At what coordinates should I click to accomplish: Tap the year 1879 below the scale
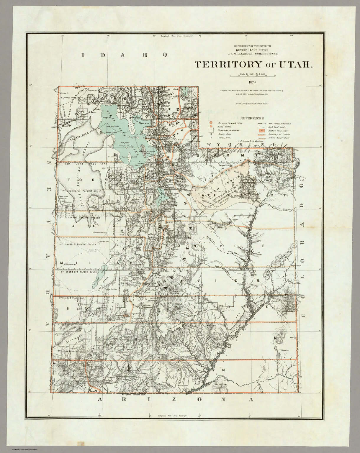click(x=252, y=82)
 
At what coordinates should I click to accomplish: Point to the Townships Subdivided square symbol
click(x=211, y=130)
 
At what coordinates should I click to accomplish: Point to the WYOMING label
click(x=242, y=145)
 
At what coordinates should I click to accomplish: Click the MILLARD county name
click(x=103, y=262)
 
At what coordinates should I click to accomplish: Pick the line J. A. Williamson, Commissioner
click(x=252, y=54)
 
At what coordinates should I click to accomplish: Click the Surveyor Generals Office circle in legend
click(x=211, y=123)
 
